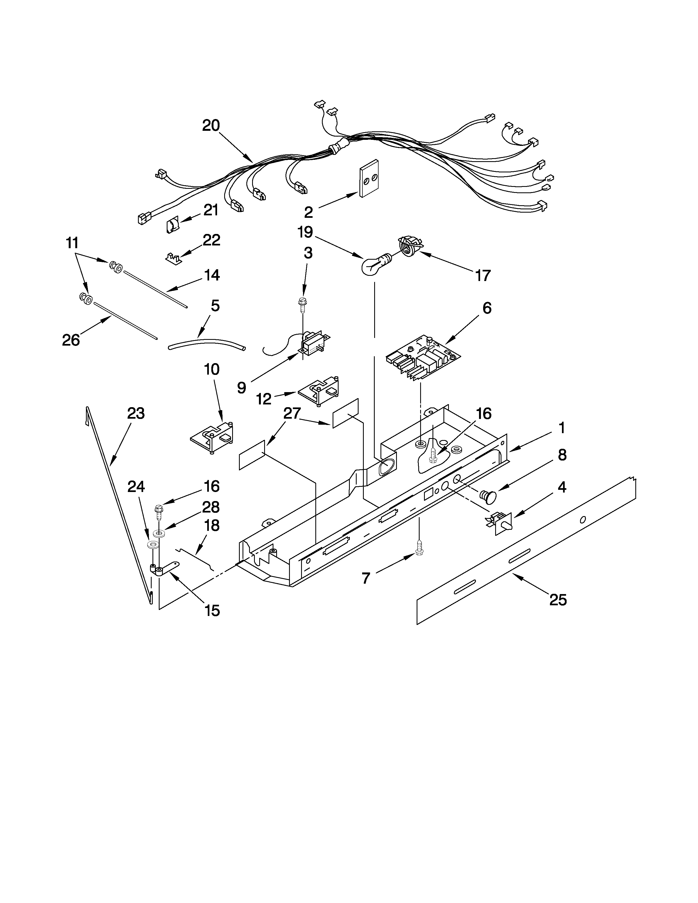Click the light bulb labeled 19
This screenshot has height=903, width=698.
coord(373,265)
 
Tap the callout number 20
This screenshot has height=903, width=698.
coord(211,126)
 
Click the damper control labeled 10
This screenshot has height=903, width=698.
coord(213,439)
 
